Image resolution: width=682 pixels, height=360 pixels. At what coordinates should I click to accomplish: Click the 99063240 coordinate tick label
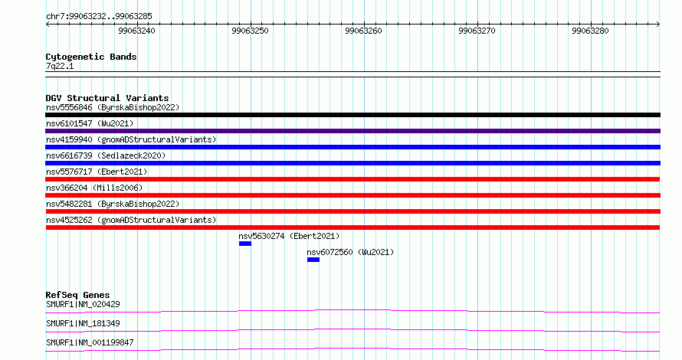(x=136, y=31)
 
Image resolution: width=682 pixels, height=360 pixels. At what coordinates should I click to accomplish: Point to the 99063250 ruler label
(x=250, y=31)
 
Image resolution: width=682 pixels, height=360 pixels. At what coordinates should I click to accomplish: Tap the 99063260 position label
(x=364, y=31)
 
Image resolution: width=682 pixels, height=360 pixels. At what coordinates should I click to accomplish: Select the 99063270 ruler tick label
(x=477, y=31)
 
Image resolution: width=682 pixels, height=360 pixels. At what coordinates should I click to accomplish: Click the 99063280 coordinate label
(x=590, y=31)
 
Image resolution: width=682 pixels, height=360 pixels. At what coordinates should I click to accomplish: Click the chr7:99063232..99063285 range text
(x=99, y=17)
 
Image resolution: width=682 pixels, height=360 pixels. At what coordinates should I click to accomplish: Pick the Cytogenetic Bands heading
(x=91, y=57)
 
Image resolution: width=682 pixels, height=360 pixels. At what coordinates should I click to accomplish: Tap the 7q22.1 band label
(x=60, y=66)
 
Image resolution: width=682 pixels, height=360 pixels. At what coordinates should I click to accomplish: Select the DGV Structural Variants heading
(x=107, y=98)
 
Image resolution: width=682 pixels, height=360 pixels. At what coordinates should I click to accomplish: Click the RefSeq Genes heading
(x=77, y=295)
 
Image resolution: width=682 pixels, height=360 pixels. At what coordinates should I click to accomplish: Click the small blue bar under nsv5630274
(x=245, y=244)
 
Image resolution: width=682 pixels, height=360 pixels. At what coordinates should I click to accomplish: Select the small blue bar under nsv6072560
(x=313, y=260)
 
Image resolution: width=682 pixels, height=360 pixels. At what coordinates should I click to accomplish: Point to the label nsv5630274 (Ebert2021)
(x=289, y=236)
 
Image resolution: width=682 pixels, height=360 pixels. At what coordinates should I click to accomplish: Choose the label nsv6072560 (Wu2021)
(x=350, y=252)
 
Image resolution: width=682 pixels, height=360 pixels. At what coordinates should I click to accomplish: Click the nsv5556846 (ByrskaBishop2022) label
(x=113, y=107)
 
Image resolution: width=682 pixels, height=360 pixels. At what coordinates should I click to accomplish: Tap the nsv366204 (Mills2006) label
(x=94, y=188)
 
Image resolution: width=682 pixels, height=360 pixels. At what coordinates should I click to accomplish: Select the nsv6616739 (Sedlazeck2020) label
(x=106, y=155)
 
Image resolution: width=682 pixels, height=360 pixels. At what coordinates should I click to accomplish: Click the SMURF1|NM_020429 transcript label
(x=83, y=304)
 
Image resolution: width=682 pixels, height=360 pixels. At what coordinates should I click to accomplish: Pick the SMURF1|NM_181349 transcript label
(x=83, y=323)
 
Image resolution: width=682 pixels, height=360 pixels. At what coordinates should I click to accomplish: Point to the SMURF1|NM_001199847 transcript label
(x=90, y=342)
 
